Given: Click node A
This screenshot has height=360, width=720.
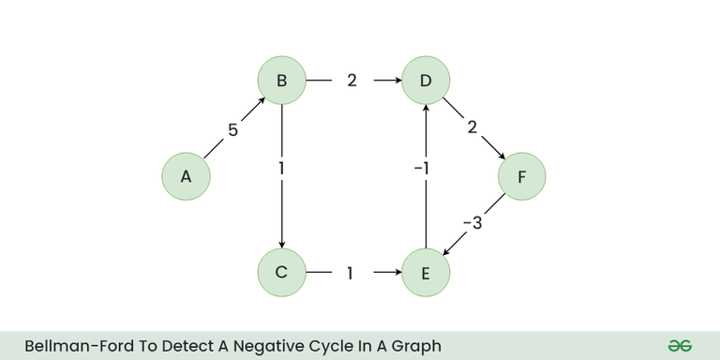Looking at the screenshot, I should click(x=186, y=176).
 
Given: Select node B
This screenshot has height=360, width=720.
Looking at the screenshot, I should click(x=282, y=81).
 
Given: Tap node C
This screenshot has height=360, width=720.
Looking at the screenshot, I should click(x=282, y=273).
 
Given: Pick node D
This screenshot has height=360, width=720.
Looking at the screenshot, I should click(x=426, y=81).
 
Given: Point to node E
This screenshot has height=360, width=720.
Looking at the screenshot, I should click(x=426, y=273).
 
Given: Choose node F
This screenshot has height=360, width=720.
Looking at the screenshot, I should click(x=521, y=176).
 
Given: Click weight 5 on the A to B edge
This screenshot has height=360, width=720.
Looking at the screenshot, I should click(x=232, y=130).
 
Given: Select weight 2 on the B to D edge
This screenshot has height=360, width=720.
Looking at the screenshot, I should click(x=352, y=81).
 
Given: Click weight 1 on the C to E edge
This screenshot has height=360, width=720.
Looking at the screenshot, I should click(x=351, y=274).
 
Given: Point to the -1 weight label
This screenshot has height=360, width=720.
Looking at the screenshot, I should click(x=422, y=169).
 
